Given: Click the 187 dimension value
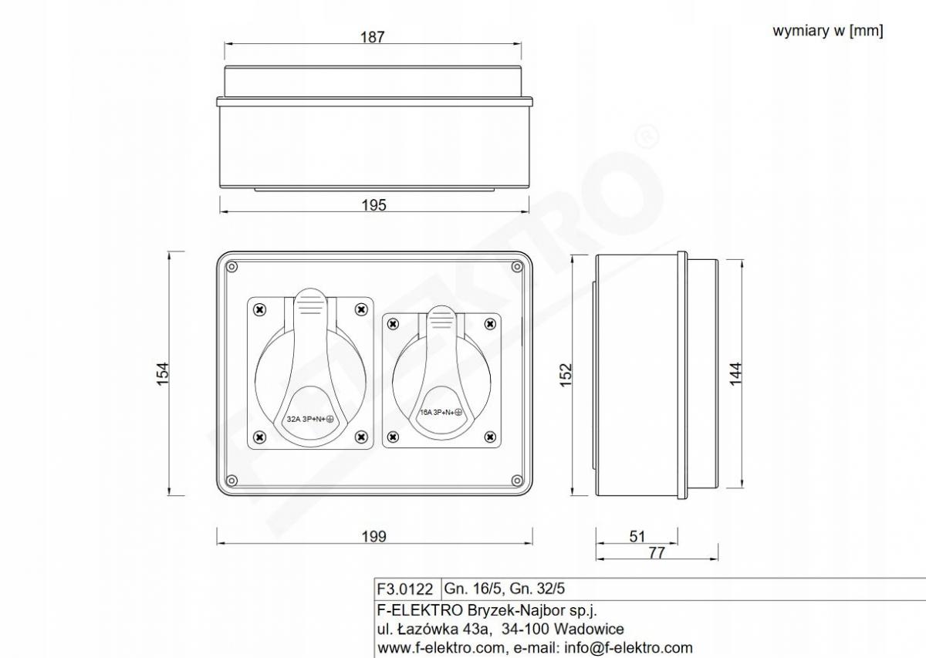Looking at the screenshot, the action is click(x=373, y=37).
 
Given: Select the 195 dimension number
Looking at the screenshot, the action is click(x=374, y=205).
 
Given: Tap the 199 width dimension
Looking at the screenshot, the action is click(x=374, y=536).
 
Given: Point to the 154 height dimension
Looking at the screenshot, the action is click(x=163, y=373).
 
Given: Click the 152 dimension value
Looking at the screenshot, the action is click(x=566, y=374).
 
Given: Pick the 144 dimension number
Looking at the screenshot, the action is click(x=736, y=373).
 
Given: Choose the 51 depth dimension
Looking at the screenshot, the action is click(x=637, y=536).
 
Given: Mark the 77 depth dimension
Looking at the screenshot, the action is click(x=657, y=552).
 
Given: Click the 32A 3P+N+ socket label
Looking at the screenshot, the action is click(x=310, y=419).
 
